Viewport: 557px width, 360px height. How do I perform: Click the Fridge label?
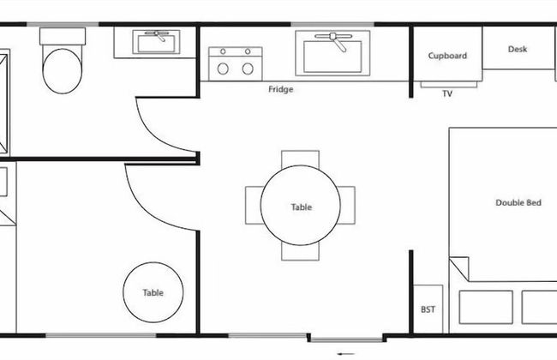[x=280, y=89]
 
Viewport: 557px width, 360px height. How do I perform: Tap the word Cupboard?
[x=447, y=56]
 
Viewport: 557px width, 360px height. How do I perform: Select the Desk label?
[x=518, y=49]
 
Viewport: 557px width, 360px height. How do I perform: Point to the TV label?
[x=447, y=93]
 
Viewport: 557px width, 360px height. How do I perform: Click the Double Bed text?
[x=518, y=202]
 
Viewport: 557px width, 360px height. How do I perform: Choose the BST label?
[x=428, y=309]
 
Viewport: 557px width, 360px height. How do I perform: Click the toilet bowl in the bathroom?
[x=63, y=71]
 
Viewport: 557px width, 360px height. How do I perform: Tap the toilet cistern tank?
[x=63, y=36]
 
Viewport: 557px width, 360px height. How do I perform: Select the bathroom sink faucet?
[x=158, y=35]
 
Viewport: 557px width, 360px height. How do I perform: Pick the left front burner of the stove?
[x=223, y=69]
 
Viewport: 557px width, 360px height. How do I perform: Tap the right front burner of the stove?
[x=248, y=69]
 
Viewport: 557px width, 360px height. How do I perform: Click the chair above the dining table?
[x=300, y=158]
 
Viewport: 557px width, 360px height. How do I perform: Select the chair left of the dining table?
[x=253, y=206]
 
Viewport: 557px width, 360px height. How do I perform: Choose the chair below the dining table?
[x=300, y=252]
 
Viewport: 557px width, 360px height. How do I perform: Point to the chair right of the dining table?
[x=347, y=206]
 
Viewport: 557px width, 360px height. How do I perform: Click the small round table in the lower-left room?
[x=153, y=292]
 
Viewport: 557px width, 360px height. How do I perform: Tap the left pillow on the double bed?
[x=486, y=308]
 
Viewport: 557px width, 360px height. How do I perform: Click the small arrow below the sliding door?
[x=345, y=354]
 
